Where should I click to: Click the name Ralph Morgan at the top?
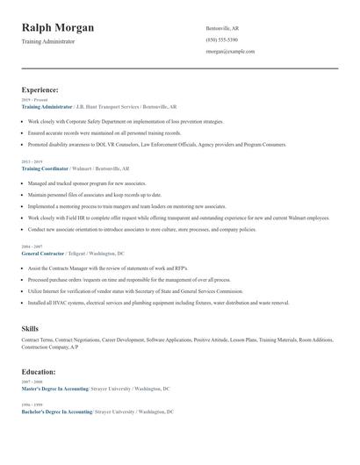coord(58,28)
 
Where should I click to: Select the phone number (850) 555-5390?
coord(221,40)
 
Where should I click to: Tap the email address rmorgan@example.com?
coord(230,52)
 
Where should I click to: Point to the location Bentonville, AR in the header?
coord(222,29)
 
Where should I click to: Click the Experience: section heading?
coord(40,89)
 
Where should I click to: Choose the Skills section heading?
coord(30,328)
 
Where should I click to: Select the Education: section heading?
coord(40,371)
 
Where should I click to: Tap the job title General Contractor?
coord(43,254)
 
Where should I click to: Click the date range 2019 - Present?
coord(33,101)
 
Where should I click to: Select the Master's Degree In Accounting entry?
coord(56,388)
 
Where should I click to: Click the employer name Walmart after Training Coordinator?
coord(82,168)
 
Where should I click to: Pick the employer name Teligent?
coord(81,254)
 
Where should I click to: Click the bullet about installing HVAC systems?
coord(158,303)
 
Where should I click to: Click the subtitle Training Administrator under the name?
coord(48,41)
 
